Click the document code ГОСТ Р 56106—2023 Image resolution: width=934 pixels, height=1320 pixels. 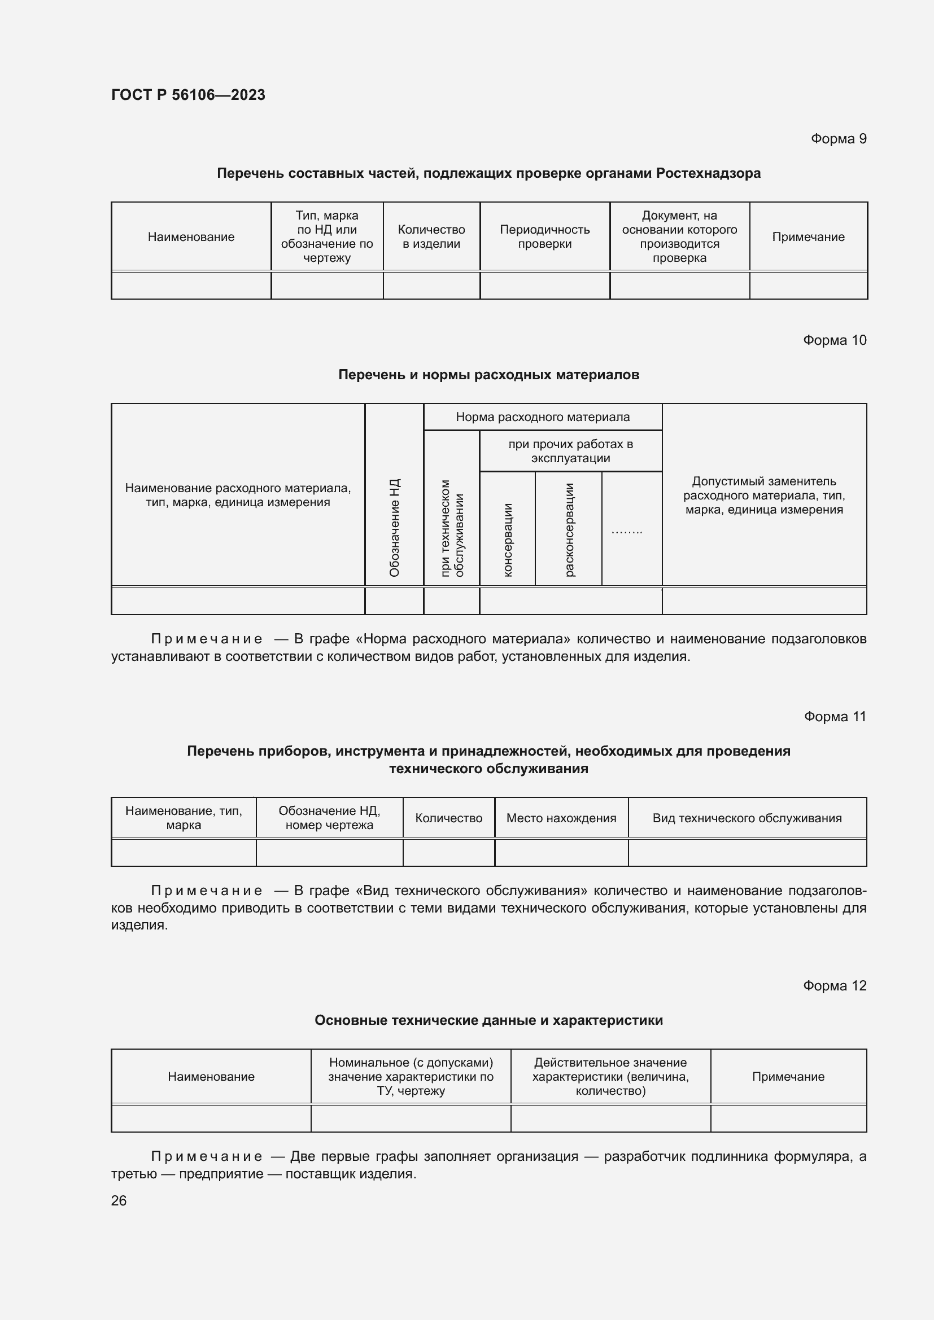[x=188, y=95]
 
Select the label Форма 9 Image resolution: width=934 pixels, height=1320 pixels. [x=838, y=139]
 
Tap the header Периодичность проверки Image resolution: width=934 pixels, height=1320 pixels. [x=544, y=236]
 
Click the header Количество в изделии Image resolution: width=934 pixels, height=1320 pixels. [x=431, y=236]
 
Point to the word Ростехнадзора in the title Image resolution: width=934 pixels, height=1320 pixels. [x=708, y=173]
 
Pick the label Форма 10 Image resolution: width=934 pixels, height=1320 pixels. [x=834, y=340]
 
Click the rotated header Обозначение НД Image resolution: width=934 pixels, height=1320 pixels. [x=394, y=527]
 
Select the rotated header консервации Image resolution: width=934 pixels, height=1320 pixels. [x=507, y=540]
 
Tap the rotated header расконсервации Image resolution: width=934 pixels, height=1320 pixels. [x=569, y=529]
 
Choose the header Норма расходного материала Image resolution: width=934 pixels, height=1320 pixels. [x=542, y=417]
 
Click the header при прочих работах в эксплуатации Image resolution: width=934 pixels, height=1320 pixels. [x=570, y=451]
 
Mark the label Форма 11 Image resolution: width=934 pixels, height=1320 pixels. [x=835, y=716]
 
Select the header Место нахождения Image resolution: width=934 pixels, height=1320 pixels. [x=561, y=818]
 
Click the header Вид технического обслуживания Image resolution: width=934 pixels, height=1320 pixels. [x=747, y=818]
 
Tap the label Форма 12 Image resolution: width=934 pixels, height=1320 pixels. [x=834, y=985]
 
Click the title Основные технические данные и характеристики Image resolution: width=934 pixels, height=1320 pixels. [x=488, y=1020]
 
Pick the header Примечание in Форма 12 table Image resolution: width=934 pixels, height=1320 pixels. [x=787, y=1076]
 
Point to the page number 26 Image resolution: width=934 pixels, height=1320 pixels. [x=119, y=1200]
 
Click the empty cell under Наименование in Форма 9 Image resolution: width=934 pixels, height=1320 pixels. [x=191, y=285]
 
